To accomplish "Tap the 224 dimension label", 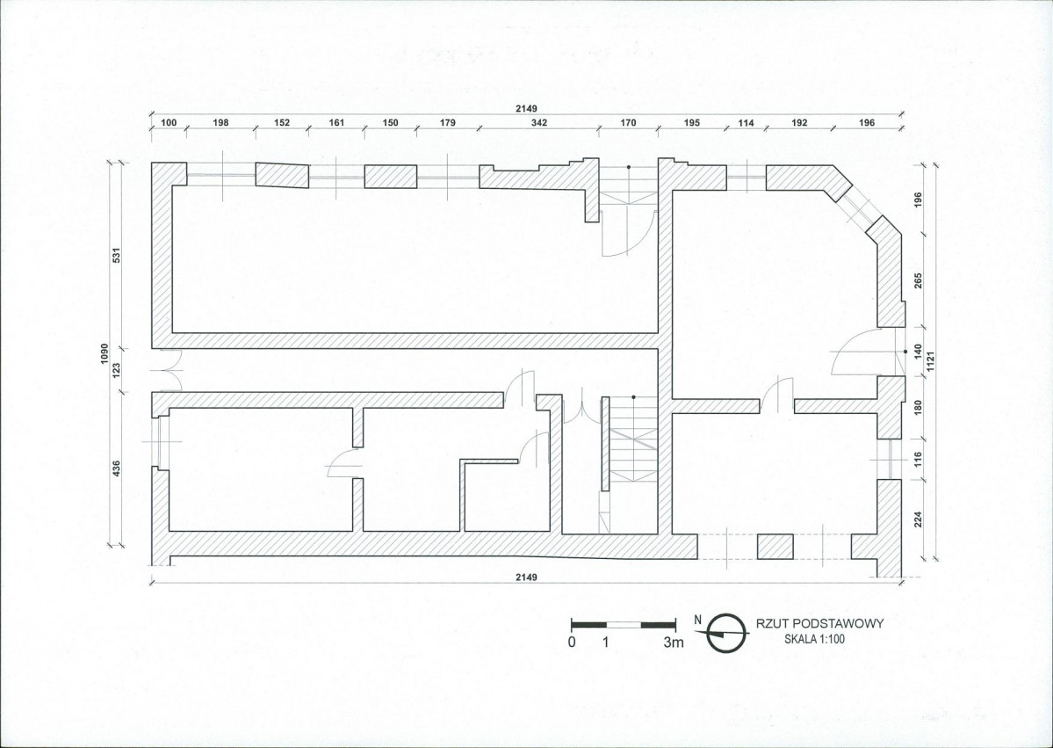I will click(x=918, y=519).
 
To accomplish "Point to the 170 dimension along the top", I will click(x=628, y=123).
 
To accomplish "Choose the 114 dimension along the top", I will click(x=746, y=123).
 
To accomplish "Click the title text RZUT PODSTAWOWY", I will click(x=813, y=623).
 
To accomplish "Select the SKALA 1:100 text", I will click(x=813, y=639).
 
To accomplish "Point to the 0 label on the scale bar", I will click(x=572, y=643).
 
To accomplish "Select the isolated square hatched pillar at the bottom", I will click(x=775, y=547).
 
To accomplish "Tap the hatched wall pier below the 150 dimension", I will click(x=391, y=176).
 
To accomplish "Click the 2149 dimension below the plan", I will click(x=527, y=577).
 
